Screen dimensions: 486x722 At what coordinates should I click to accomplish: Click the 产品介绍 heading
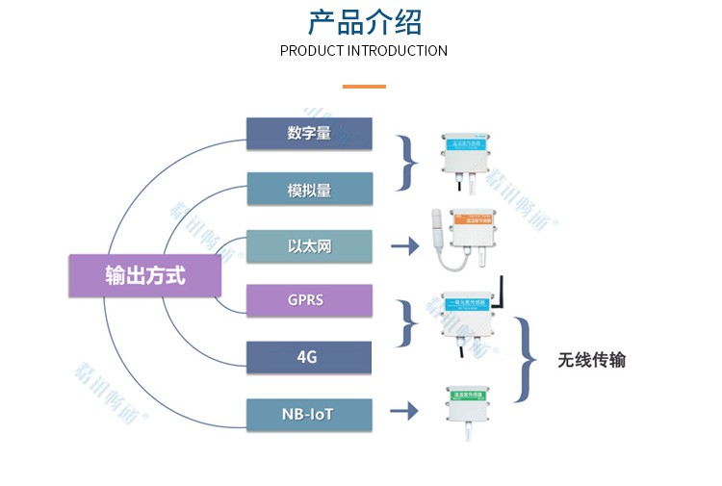tap(364, 21)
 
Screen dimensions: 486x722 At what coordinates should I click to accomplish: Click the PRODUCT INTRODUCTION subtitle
tap(364, 50)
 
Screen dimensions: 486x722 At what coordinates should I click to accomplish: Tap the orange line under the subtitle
tap(364, 87)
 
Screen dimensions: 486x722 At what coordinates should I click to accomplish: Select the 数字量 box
tap(309, 133)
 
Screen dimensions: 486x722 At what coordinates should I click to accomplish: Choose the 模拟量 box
tap(309, 189)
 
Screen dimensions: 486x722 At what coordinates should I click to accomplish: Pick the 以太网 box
tap(309, 245)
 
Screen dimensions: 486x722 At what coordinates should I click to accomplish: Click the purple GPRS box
tap(309, 300)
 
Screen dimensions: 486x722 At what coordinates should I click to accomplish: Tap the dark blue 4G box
tap(309, 357)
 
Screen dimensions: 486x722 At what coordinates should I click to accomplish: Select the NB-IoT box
tap(309, 414)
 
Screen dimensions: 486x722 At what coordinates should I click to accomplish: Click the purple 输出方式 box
tap(145, 276)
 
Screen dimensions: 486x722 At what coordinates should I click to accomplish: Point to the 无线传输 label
tap(591, 360)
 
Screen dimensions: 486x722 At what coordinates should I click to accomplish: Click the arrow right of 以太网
tap(405, 246)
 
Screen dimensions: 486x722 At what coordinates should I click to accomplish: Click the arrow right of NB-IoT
tap(405, 412)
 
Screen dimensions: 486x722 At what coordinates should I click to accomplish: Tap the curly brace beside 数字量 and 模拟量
tap(409, 162)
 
